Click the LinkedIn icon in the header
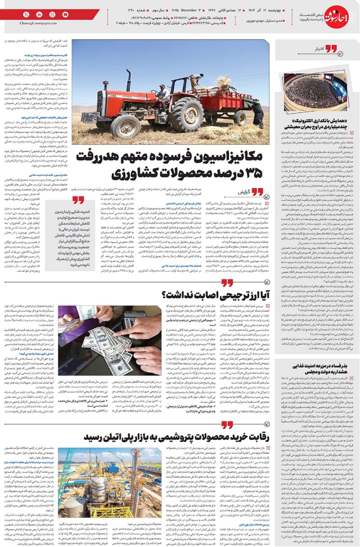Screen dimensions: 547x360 coord(39,15)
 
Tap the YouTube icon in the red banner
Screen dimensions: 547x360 coord(65,15)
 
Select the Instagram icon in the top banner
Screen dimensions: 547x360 coord(52,15)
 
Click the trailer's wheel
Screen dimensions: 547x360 coord(239,118)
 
